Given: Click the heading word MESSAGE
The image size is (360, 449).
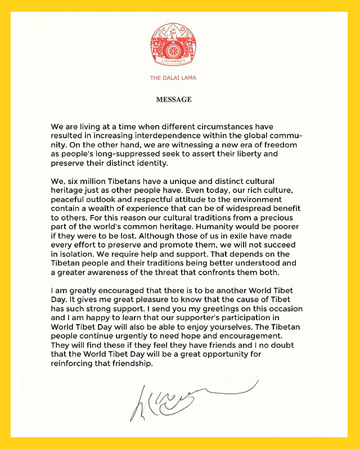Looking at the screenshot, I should (x=174, y=100).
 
